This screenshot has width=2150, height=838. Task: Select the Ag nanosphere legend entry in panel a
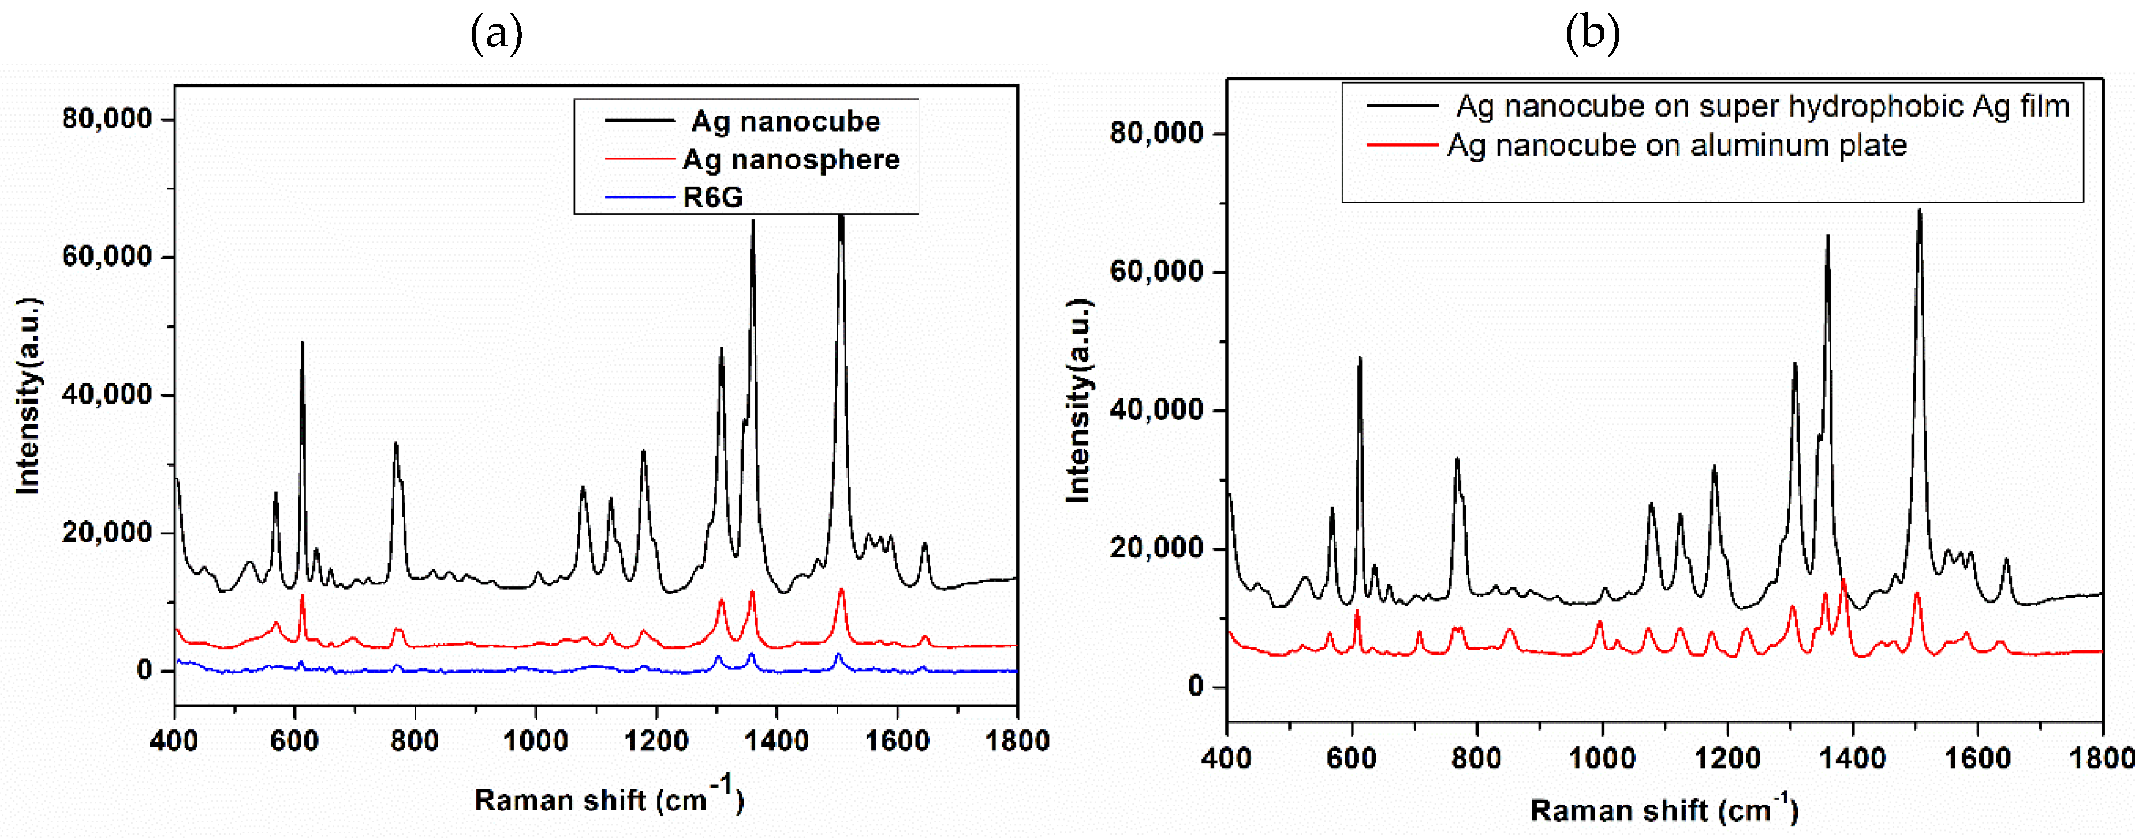click(790, 159)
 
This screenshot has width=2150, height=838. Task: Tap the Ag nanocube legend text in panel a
click(785, 122)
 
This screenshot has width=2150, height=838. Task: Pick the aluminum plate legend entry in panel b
click(1677, 145)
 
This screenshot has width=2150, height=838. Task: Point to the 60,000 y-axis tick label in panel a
click(107, 256)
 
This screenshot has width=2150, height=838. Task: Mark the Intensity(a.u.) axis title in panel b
click(1078, 401)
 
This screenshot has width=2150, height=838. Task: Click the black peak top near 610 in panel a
click(302, 342)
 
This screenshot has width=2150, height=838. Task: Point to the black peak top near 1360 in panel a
click(753, 222)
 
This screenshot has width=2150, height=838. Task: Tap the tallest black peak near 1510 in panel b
click(1919, 210)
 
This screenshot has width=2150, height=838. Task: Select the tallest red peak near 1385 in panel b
click(1843, 580)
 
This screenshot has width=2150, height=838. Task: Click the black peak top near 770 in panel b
click(1457, 459)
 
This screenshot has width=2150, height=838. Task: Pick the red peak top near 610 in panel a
click(302, 595)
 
